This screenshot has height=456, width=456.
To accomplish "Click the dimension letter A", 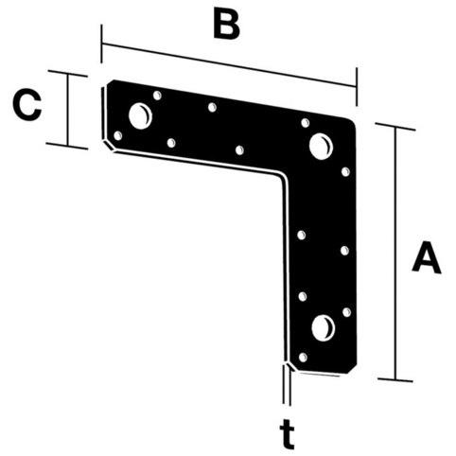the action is coord(427,256).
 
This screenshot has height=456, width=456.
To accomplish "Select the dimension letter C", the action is coord(27,105).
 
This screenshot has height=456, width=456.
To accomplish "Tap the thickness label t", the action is coord(287,433).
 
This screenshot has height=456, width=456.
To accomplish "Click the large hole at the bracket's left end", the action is coord(140,115).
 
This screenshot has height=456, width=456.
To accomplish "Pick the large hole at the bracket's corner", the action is coord(321,147).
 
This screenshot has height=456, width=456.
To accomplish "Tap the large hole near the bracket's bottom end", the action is coord(324,328).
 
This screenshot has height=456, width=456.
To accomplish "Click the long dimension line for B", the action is coord(229,65).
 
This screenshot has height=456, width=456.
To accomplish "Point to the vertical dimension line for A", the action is coord(395,254).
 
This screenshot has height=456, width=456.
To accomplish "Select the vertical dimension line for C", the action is coord(67,110).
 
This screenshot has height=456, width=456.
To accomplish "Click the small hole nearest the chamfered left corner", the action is coord(117,136).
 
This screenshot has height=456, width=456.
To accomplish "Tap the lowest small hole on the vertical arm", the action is coord(303,358).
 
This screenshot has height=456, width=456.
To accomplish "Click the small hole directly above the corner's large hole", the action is coord(306,123).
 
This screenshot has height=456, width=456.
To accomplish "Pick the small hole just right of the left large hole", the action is coord(157,96).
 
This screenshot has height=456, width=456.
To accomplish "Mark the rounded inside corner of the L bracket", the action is coord(282,178).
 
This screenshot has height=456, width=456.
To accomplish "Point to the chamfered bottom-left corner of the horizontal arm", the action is coord(108,146).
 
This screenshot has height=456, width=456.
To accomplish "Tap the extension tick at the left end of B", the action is coord(101,44).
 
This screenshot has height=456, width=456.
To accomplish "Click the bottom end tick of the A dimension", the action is coord(395,379).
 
